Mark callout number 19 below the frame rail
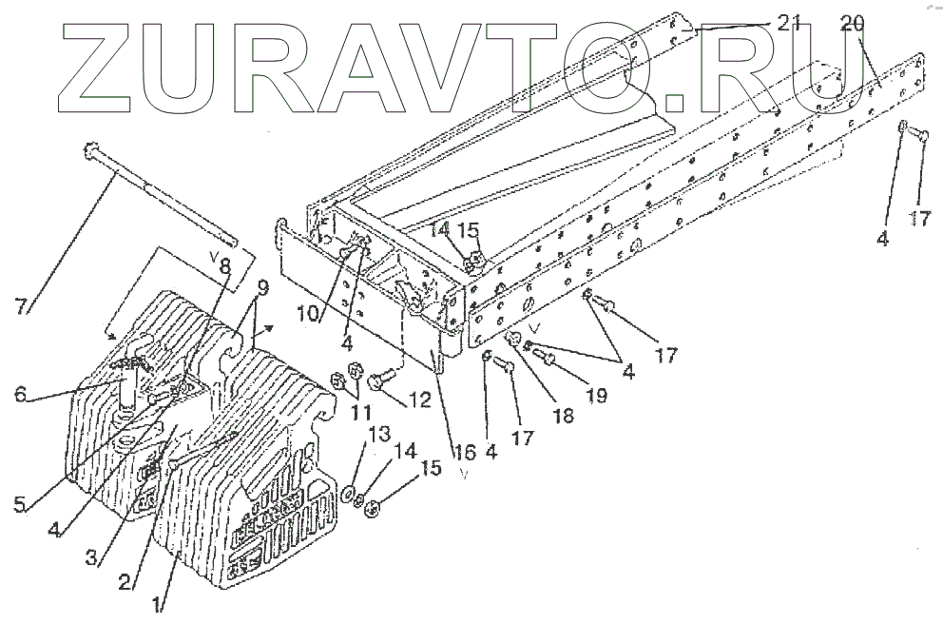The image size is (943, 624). point(596,394)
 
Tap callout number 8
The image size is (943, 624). point(224,267)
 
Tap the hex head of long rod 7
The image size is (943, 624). point(93,150)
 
